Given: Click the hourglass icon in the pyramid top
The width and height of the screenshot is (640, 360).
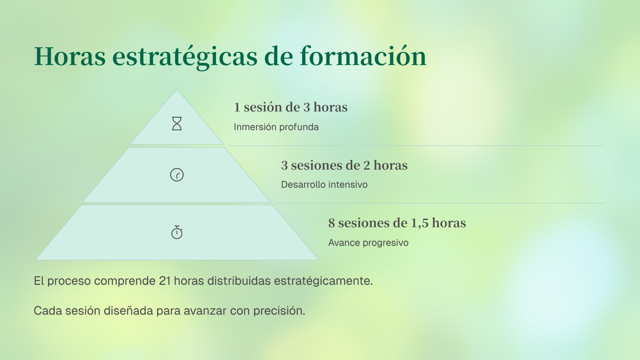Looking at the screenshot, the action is tap(177, 123).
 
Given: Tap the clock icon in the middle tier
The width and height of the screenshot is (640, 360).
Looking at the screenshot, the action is tap(177, 175).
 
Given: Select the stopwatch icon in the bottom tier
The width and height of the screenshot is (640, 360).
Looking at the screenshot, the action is tap(177, 233).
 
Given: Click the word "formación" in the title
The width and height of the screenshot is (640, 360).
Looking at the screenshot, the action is tap(363, 56).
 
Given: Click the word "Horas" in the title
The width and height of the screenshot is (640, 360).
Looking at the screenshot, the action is tap(70, 56).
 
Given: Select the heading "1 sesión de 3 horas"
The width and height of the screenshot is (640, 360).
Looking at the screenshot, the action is tap(291, 107).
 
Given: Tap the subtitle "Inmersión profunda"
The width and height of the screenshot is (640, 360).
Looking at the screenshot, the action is tap(276, 127).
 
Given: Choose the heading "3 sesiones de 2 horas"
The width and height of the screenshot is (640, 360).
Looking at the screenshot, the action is tap(344, 165).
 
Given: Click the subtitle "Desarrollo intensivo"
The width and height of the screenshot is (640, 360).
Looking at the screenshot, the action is tap(324, 185).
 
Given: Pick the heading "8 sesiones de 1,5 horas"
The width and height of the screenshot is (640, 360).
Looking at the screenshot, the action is tap(397, 223).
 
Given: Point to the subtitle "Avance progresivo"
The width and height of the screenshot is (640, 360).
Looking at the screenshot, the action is tap(368, 243).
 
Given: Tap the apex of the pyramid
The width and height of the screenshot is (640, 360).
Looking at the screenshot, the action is tap(177, 90).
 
